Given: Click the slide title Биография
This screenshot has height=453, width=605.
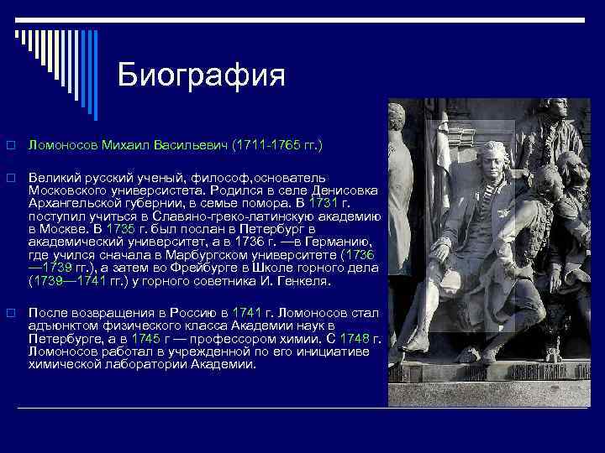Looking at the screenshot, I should coord(202,75).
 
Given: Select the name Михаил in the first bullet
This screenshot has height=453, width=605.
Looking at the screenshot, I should coord(125,145).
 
